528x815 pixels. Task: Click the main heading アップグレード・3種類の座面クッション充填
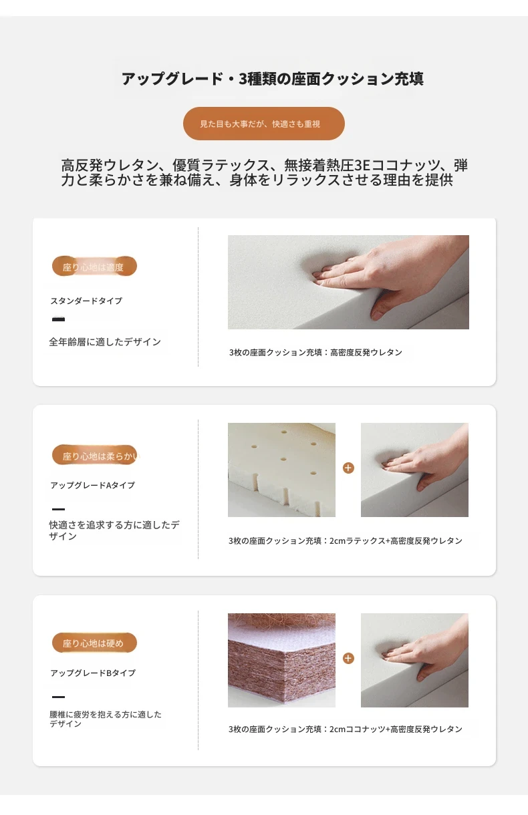pos(273,79)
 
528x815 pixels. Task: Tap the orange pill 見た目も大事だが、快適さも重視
pos(263,124)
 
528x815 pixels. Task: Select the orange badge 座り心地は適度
pos(94,267)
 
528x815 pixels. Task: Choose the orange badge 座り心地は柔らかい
pos(95,455)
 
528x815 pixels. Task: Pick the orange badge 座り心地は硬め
pos(94,643)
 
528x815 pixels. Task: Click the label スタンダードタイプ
pos(86,301)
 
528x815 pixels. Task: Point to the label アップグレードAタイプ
pos(92,486)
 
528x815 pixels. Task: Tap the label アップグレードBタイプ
pos(93,673)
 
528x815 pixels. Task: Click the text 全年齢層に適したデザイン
pos(105,342)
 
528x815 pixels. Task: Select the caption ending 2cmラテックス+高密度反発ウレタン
pos(345,541)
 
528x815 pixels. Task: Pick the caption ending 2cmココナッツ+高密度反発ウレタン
pos(345,729)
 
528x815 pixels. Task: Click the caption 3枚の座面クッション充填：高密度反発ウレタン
pos(315,352)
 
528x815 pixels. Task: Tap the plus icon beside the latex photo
pos(348,468)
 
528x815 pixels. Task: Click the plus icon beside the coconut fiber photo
pos(348,658)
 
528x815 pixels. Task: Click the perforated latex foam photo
pos(281,470)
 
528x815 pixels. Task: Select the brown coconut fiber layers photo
pos(281,661)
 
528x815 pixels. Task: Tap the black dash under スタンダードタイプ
pos(58,319)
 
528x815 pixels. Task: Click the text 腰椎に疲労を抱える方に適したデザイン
pos(105,719)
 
